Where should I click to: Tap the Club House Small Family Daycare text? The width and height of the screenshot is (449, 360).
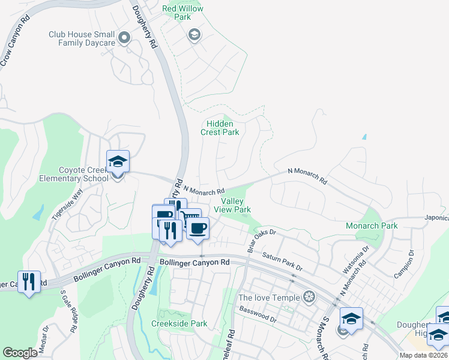pyautogui.click(x=82, y=39)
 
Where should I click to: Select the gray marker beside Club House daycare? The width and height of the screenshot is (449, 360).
pyautogui.click(x=124, y=38)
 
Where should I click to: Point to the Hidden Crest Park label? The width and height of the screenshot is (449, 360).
pyautogui.click(x=220, y=128)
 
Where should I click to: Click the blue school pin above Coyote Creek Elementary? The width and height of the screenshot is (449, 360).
pyautogui.click(x=118, y=162)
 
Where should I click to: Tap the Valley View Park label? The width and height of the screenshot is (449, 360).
pyautogui.click(x=236, y=205)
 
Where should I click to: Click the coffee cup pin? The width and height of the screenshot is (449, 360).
pyautogui.click(x=197, y=228)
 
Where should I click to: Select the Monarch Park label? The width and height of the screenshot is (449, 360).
pyautogui.click(x=372, y=226)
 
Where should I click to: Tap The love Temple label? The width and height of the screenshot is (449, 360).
pyautogui.click(x=269, y=297)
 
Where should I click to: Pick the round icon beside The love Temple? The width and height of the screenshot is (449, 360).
pyautogui.click(x=309, y=296)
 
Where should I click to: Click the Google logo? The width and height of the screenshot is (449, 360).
pyautogui.click(x=20, y=352)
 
